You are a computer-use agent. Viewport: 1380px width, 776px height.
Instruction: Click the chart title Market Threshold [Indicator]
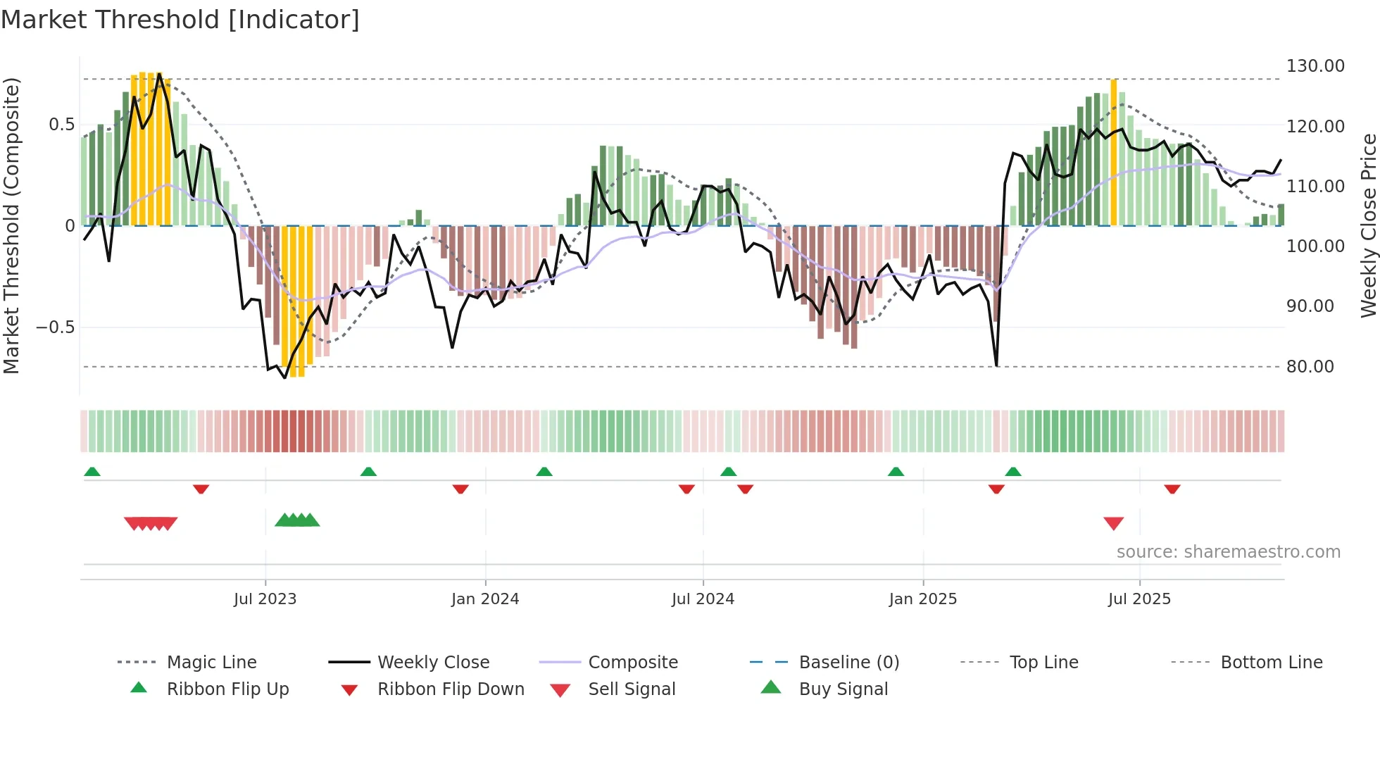[x=180, y=20]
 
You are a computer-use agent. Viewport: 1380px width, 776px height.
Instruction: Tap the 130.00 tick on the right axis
[x=1315, y=66]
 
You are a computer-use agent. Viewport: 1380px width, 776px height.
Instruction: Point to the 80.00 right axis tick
[x=1310, y=367]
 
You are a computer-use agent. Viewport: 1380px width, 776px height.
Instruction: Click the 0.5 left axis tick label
[x=61, y=125]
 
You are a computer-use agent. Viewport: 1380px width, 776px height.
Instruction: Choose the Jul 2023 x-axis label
[x=265, y=599]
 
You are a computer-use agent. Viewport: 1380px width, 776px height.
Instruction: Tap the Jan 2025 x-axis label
[x=922, y=599]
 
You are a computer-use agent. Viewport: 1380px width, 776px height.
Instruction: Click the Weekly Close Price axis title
[x=1368, y=225]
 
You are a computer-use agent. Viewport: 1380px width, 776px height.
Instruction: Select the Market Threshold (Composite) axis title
[x=11, y=225]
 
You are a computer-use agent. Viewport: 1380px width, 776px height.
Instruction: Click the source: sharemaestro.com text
[x=1228, y=552]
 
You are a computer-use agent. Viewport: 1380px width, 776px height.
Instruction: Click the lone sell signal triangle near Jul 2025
[x=1113, y=523]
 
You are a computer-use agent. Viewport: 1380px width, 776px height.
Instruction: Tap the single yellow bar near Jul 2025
[x=1113, y=151]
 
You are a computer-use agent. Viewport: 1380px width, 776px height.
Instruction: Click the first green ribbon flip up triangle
[x=92, y=472]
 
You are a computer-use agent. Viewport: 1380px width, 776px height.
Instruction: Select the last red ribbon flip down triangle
[x=1172, y=489]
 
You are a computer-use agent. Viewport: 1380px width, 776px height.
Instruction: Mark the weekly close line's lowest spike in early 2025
[x=996, y=365]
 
